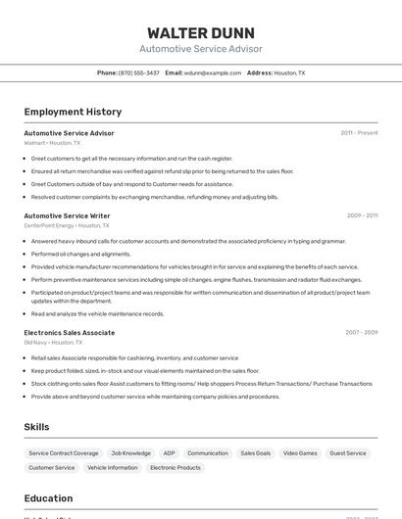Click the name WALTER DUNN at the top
pyautogui.click(x=201, y=33)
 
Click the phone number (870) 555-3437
pyautogui.click(x=138, y=72)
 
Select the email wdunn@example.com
pyautogui.click(x=213, y=72)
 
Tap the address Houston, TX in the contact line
pyautogui.click(x=289, y=72)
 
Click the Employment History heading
pyautogui.click(x=73, y=112)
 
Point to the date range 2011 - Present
pyautogui.click(x=359, y=132)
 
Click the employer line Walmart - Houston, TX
pyautogui.click(x=52, y=143)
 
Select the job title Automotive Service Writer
pyautogui.click(x=67, y=215)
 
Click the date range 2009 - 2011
pyautogui.click(x=362, y=215)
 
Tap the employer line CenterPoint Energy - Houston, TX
pyautogui.click(x=69, y=225)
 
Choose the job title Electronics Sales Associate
pyautogui.click(x=69, y=333)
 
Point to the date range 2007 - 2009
pyautogui.click(x=362, y=333)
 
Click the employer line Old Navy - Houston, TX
pyautogui.click(x=53, y=343)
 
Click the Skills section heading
pyautogui.click(x=37, y=427)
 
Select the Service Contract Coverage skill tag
pyautogui.click(x=64, y=453)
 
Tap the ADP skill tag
pyautogui.click(x=170, y=453)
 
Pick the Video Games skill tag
pyautogui.click(x=300, y=453)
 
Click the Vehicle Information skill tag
pyautogui.click(x=113, y=468)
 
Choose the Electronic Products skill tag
pyautogui.click(x=176, y=468)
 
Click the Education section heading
pyautogui.click(x=48, y=498)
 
